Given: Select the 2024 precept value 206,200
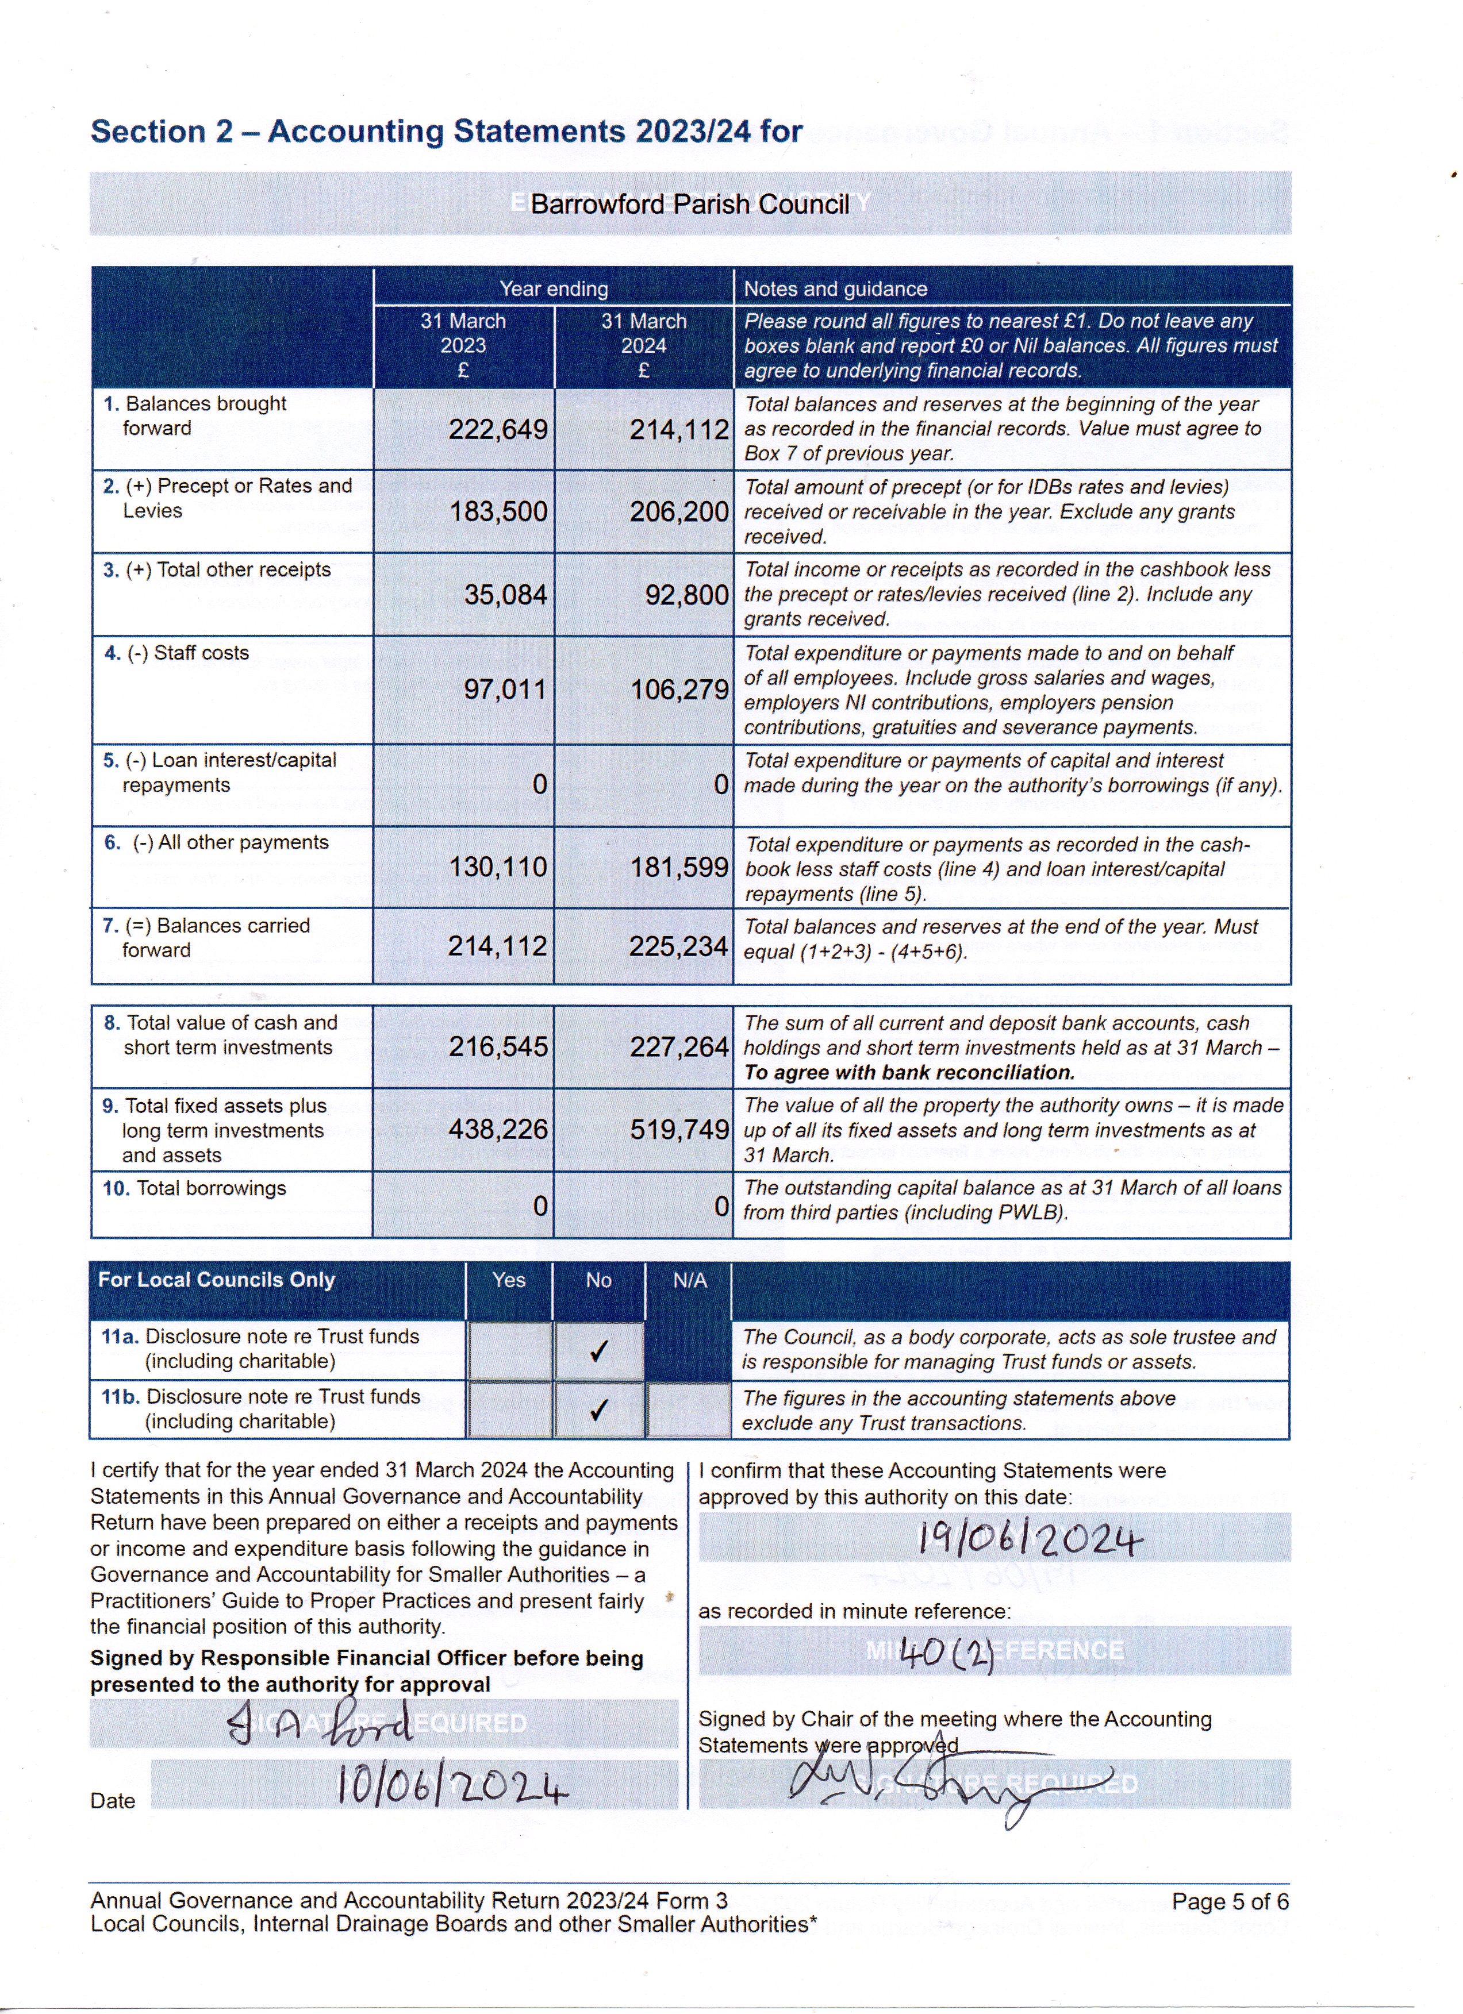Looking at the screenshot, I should click(679, 511).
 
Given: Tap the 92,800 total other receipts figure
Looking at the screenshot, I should click(686, 595).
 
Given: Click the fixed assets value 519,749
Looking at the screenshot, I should click(679, 1130).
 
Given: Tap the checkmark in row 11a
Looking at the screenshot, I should click(598, 1351).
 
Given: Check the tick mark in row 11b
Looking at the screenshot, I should click(598, 1410).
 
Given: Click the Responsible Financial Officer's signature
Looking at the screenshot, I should click(320, 1724).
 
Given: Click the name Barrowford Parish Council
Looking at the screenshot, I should click(689, 204).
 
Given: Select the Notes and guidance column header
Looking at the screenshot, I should click(835, 288).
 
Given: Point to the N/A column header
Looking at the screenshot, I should click(689, 1280).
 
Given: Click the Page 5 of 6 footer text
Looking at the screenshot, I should click(1230, 1901).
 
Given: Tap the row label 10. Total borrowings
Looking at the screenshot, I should click(194, 1188).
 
